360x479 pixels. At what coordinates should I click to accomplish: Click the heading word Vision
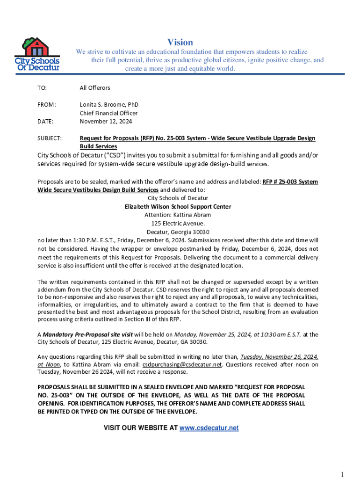(x=180, y=42)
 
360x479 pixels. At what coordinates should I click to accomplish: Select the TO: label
(x=43, y=87)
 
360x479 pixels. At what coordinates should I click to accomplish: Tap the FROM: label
(x=46, y=104)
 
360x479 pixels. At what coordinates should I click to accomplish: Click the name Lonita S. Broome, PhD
(x=109, y=104)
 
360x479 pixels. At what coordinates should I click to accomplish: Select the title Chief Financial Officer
(x=108, y=113)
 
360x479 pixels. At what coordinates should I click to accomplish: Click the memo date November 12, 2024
(x=106, y=121)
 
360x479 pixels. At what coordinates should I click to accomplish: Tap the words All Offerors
(x=95, y=87)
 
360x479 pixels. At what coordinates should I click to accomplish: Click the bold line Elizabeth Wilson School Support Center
(x=178, y=206)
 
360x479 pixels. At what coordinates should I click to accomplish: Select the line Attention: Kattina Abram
(x=178, y=215)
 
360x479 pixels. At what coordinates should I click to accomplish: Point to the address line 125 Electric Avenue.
(x=178, y=223)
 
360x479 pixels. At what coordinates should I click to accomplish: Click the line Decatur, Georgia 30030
(x=178, y=232)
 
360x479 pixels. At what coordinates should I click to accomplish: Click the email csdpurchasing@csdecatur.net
(x=181, y=364)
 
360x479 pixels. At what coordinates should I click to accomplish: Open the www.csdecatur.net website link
(x=209, y=428)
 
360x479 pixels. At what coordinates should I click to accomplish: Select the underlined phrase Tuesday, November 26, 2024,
(x=280, y=356)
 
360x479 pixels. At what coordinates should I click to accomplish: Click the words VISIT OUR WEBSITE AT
(x=140, y=428)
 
